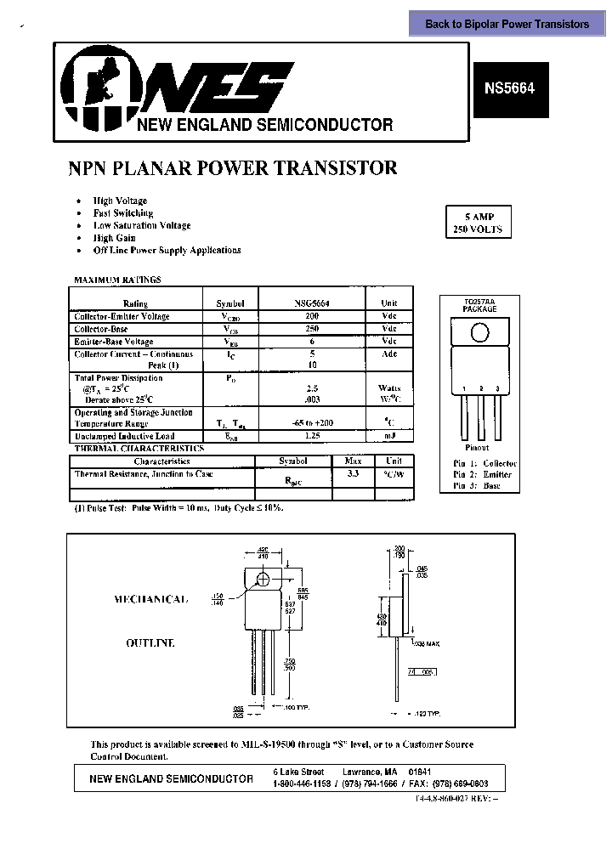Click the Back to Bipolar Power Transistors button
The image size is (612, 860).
[507, 24]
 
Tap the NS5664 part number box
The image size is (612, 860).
[509, 88]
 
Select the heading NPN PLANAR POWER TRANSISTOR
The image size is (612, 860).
[232, 168]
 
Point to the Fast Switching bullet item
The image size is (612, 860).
[123, 213]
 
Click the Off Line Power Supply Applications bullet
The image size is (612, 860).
[167, 251]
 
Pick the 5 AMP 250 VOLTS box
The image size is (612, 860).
[478, 223]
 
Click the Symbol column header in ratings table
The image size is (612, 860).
[230, 303]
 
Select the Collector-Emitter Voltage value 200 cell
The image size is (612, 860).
[313, 316]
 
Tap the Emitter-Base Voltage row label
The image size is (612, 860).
[114, 342]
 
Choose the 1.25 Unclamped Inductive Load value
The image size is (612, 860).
[313, 436]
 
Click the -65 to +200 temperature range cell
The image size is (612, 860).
[313, 423]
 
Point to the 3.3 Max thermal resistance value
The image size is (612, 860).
[354, 474]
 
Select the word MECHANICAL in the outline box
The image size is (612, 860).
[150, 600]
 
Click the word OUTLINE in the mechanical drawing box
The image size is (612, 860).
[150, 643]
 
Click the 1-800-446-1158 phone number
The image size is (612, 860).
[302, 784]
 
